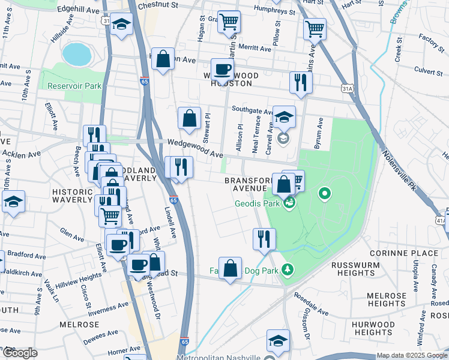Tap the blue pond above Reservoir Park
click(x=76, y=54)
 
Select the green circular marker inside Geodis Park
click(x=325, y=193)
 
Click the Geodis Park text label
click(x=257, y=203)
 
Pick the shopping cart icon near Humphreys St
click(x=229, y=22)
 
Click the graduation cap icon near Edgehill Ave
click(x=122, y=25)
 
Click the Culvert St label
click(x=428, y=71)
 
